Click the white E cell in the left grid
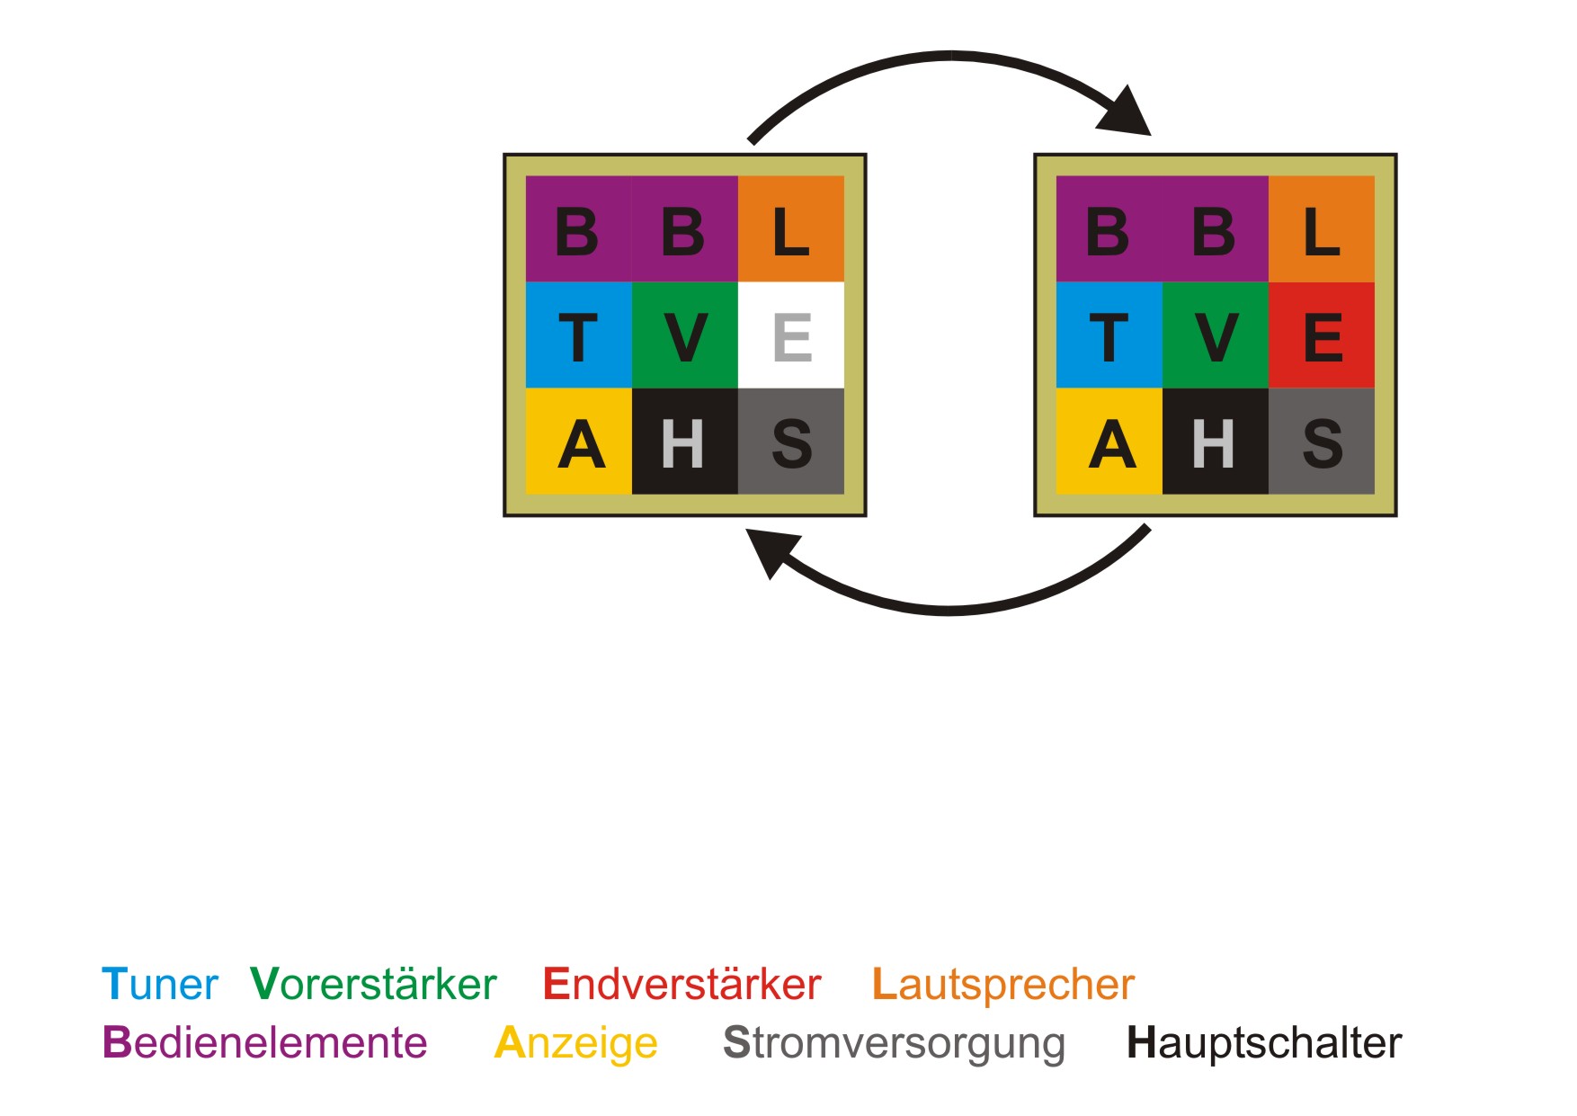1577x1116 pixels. tap(791, 335)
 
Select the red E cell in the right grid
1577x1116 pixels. tap(1322, 335)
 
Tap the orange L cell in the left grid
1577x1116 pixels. tap(791, 229)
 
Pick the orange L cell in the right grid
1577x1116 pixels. tap(1322, 229)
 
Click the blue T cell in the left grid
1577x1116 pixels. tap(578, 335)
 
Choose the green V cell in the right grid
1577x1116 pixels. tap(1216, 335)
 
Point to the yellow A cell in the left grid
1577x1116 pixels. tap(578, 442)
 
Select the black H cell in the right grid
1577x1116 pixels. tap(1216, 442)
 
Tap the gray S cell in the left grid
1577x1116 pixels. tap(791, 442)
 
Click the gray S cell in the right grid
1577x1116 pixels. tap(1322, 442)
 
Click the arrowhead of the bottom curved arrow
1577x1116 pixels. tap(771, 550)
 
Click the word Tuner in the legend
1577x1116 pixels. tap(159, 985)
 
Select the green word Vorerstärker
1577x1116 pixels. tap(373, 985)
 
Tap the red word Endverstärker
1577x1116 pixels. tap(682, 985)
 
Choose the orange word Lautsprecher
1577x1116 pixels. tap(1003, 985)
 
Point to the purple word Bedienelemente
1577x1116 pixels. tap(264, 1043)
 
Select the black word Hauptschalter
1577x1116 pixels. tap(1263, 1043)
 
